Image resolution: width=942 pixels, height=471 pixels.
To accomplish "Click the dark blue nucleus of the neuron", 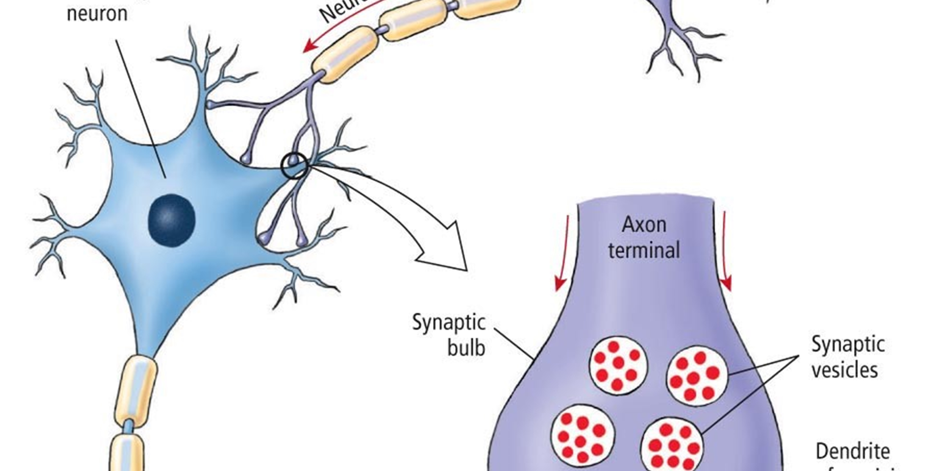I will pyautogui.click(x=171, y=220).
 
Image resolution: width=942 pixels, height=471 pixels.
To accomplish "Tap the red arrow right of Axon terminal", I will pyautogui.click(x=725, y=256).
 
